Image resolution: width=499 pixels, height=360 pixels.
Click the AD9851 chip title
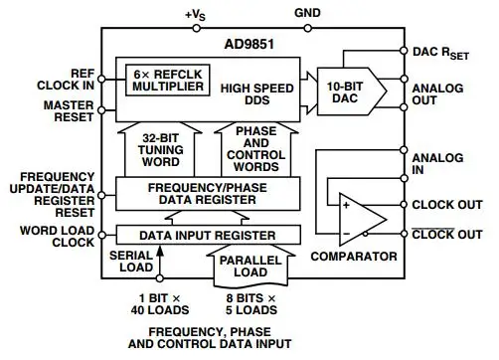(249, 44)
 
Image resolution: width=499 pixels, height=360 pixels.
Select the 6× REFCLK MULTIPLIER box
(168, 81)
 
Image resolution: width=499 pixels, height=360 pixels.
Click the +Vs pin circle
(197, 28)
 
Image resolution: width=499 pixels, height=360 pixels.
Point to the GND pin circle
(308, 28)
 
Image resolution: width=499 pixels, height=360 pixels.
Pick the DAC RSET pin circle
(404, 51)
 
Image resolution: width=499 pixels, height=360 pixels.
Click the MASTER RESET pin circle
(101, 110)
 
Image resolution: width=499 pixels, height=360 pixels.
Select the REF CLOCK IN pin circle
(101, 79)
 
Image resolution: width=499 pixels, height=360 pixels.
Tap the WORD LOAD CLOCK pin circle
(102, 235)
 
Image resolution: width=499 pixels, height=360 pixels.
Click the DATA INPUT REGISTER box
(209, 235)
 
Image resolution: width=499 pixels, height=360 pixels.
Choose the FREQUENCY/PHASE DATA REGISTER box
(208, 194)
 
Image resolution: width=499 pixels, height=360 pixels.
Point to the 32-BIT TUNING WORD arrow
(160, 149)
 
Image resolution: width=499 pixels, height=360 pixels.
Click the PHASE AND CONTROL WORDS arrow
(256, 149)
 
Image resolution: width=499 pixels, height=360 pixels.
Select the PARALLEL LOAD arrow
(250, 266)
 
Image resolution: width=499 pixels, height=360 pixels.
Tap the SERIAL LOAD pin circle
(160, 278)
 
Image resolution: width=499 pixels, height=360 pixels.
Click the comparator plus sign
(346, 205)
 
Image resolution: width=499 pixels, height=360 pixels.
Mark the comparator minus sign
(346, 234)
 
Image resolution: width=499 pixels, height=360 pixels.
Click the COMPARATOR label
(354, 257)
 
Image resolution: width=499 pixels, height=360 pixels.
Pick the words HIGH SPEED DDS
(257, 94)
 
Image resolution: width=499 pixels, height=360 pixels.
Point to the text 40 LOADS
(160, 310)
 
